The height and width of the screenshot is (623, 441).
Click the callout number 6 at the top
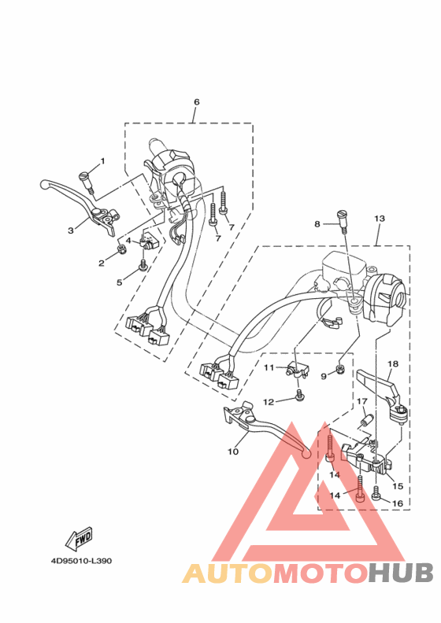point(196,102)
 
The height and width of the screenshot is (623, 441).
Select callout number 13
point(380,219)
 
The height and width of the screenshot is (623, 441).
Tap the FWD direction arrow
point(79,539)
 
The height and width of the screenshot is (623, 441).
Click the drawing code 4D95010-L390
point(81,561)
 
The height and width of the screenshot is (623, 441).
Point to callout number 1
point(102,161)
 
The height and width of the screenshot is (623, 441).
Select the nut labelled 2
point(122,249)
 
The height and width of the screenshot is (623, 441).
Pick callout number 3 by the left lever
point(71,230)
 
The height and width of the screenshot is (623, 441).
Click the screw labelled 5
point(143,265)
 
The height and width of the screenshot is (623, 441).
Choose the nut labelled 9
point(340,370)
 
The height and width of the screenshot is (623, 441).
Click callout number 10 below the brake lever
point(233,452)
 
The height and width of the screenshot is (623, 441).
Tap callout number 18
point(393,364)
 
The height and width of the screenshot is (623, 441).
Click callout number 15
point(398,486)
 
